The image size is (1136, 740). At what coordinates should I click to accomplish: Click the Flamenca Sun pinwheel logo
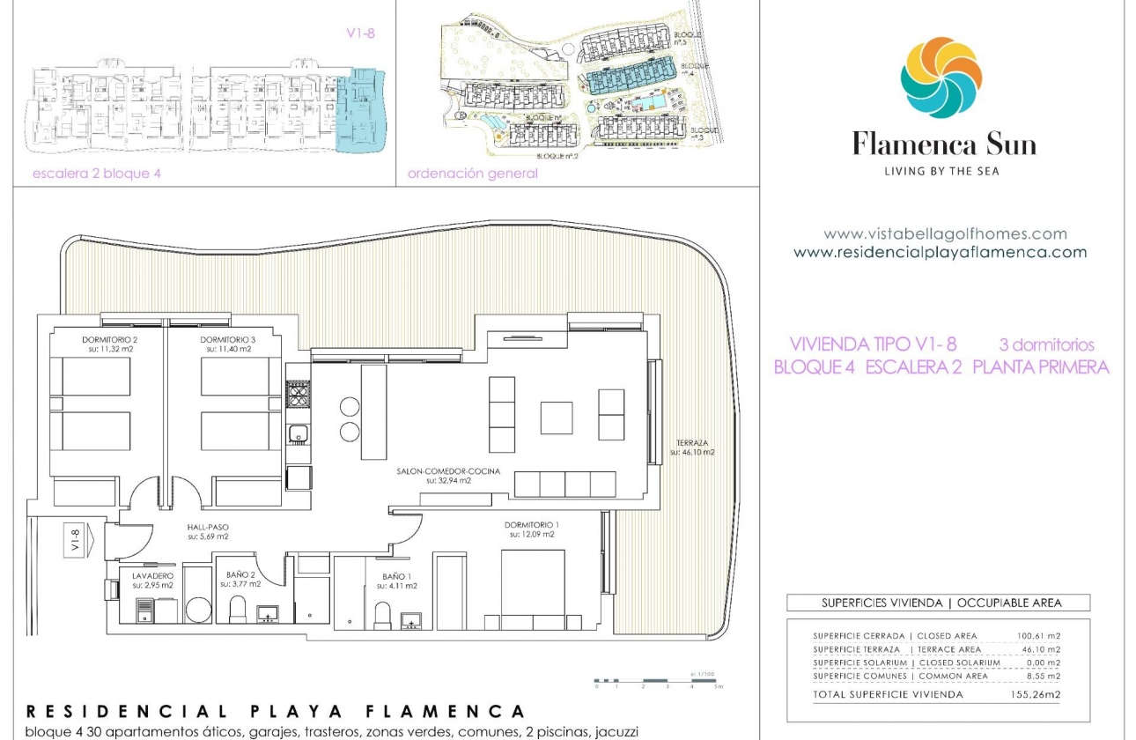(x=941, y=78)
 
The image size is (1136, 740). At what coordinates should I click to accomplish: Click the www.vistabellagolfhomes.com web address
(x=945, y=234)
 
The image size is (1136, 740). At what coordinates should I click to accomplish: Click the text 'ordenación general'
(x=472, y=174)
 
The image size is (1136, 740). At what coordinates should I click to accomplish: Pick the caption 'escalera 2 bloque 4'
(x=96, y=174)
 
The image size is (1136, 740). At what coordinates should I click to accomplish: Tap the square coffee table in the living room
(x=556, y=418)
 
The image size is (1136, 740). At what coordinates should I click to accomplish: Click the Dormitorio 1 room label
(x=531, y=529)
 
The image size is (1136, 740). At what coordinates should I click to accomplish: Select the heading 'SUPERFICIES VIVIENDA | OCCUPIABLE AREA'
(x=941, y=603)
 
